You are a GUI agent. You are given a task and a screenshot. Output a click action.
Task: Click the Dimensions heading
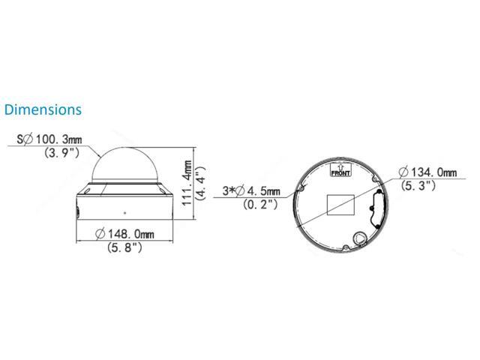click(43, 110)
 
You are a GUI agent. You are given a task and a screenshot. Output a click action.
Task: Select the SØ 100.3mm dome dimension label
click(49, 139)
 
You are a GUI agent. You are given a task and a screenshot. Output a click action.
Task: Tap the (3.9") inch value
click(61, 152)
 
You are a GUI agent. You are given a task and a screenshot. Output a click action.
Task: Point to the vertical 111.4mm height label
click(187, 183)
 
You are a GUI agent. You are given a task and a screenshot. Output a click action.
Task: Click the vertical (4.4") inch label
click(200, 183)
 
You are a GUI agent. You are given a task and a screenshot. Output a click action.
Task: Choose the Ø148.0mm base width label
click(124, 234)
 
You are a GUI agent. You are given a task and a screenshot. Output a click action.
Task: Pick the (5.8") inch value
click(125, 247)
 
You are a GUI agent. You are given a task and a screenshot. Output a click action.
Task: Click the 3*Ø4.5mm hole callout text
click(251, 191)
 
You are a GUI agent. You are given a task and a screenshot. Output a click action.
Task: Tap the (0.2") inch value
click(260, 204)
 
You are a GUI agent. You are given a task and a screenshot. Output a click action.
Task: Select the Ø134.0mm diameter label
click(427, 172)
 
